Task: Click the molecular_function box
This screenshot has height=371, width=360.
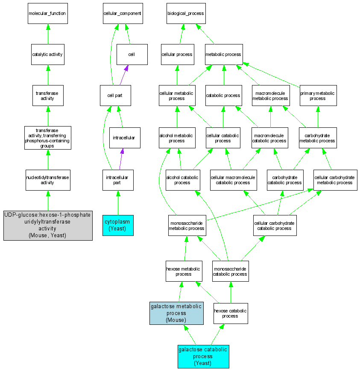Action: coord(47,13)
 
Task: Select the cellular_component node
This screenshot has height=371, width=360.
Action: coord(122,13)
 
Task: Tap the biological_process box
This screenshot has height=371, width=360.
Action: coord(186,13)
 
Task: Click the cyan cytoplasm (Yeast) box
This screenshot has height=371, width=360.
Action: coord(118,225)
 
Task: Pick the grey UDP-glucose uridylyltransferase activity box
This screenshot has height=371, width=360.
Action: coord(48,225)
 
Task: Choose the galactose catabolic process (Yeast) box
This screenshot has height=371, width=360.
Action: coord(203,356)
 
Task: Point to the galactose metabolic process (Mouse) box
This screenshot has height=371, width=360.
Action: coord(176,313)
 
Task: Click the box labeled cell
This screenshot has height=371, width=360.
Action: coord(132,54)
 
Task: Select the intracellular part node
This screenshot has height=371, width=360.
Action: coord(118,180)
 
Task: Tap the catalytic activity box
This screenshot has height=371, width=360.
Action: coord(47,54)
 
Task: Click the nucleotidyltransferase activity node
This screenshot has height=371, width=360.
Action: coord(47,180)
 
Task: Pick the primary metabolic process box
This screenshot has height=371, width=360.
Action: coord(318,95)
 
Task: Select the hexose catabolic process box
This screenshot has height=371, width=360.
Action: coord(230,313)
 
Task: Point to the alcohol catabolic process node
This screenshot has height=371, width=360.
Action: coord(183,180)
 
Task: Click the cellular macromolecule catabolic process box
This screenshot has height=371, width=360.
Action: coord(233,180)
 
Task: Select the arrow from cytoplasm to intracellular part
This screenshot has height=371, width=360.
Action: coord(118,203)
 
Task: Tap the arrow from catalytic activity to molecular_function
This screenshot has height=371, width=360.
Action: coord(47,34)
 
